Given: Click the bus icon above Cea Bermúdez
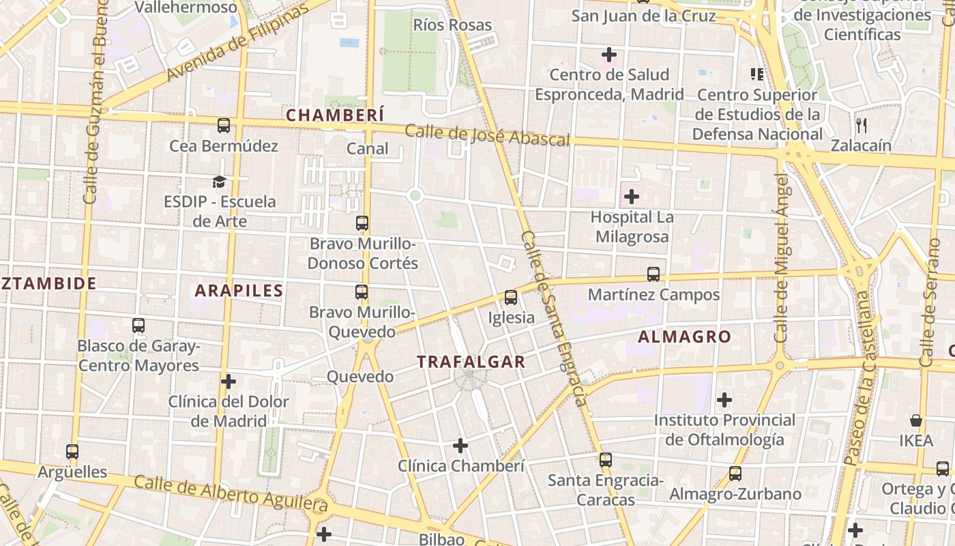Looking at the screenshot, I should coord(224,126).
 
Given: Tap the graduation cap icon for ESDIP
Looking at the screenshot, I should coord(219,182).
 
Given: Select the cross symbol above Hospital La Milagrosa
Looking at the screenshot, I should coord(632,197).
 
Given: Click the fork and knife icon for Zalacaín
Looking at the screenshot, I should coord(861,125).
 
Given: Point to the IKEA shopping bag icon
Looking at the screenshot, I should coord(916,420).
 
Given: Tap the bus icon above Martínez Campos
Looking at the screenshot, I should coord(653,274).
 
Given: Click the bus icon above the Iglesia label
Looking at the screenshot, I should coord(511,298).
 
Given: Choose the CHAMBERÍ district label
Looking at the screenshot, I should coord(335,115).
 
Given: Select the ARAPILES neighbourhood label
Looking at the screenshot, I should coord(239,291).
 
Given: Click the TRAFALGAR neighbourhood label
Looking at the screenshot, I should coord(471,362).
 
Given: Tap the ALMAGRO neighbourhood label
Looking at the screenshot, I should coord(684,336).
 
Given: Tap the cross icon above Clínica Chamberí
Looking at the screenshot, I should coord(460,446).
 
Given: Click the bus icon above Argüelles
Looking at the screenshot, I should coord(72,451).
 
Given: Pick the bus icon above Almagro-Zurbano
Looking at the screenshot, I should coord(735,473).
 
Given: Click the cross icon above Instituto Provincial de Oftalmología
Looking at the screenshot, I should coord(724,399).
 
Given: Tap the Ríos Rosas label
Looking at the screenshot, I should coord(452,25).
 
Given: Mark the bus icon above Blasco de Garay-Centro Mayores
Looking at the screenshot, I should coord(138,326).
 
